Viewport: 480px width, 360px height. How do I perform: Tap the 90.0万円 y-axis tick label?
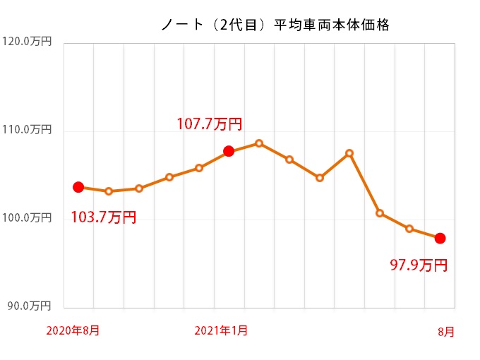pos(28,306)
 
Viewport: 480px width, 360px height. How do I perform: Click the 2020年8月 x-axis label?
pos(73,330)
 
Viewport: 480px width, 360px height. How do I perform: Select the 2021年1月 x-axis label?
pos(220,330)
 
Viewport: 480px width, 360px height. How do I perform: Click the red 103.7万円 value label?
pos(103,217)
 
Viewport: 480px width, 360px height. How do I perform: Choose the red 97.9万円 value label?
pos(419,265)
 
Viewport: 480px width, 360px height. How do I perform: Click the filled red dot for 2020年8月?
pos(78,187)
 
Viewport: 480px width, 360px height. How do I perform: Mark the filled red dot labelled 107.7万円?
pos(229,151)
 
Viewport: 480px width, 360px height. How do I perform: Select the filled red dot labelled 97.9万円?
pos(440,239)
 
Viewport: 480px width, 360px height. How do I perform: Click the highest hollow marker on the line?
pos(259,143)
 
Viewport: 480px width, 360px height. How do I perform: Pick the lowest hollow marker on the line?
pos(409,229)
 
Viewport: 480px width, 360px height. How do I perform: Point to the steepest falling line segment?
pos(364,183)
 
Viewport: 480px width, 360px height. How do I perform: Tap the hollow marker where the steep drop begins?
pos(349,153)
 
